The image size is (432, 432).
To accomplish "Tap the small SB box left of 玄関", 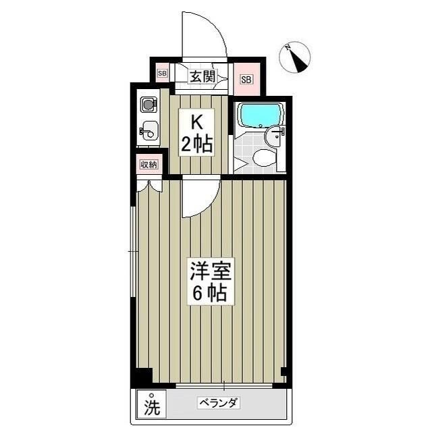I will (x=162, y=72).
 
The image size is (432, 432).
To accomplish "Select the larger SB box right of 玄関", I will (x=246, y=80).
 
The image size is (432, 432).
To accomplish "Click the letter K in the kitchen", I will (x=196, y=123).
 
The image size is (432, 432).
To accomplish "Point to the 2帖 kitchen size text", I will (x=196, y=143).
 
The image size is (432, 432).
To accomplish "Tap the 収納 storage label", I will (x=148, y=164).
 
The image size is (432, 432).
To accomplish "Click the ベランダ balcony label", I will (x=219, y=404).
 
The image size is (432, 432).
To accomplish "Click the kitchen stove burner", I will (x=148, y=105).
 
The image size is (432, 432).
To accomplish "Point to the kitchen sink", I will (x=149, y=132).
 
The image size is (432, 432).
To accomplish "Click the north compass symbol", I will (x=295, y=57).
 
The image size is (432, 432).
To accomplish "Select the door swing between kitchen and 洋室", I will (x=199, y=197).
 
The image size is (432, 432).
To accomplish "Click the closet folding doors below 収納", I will (x=148, y=185).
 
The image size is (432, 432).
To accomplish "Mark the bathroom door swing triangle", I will (x=240, y=164).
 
